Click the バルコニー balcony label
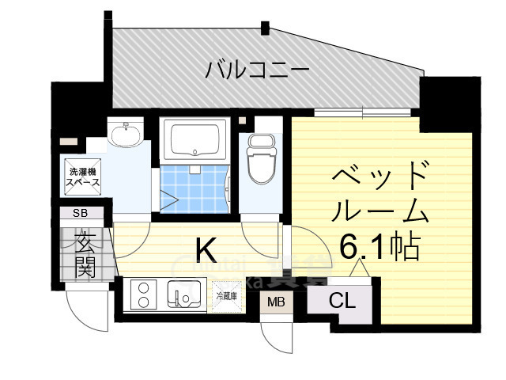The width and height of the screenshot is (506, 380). (x=257, y=70)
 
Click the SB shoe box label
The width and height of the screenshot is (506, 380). (x=81, y=213)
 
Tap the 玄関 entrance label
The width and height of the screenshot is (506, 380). (x=85, y=253)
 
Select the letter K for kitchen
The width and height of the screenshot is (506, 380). (x=206, y=251)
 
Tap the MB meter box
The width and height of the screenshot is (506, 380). (x=276, y=302)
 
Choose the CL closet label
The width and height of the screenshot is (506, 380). (x=342, y=301)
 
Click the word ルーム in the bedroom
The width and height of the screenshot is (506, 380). (x=379, y=211)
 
